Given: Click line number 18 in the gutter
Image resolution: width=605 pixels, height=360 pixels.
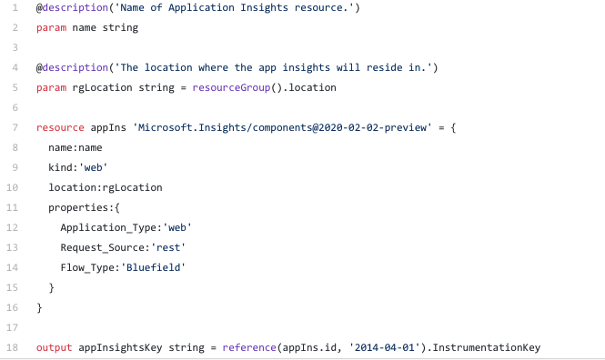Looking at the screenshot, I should [x=13, y=347].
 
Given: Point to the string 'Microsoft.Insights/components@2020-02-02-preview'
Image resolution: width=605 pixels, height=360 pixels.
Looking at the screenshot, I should [x=281, y=127].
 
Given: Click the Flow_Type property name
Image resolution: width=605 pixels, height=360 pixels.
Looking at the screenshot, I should [x=88, y=267].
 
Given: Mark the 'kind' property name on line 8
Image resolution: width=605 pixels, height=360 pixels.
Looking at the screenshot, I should [x=60, y=167].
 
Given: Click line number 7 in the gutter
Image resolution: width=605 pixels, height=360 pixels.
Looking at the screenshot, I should [x=15, y=127].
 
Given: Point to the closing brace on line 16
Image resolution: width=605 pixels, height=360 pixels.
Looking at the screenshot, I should [x=39, y=307].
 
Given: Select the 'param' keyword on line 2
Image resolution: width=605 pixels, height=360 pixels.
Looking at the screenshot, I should [x=51, y=27].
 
